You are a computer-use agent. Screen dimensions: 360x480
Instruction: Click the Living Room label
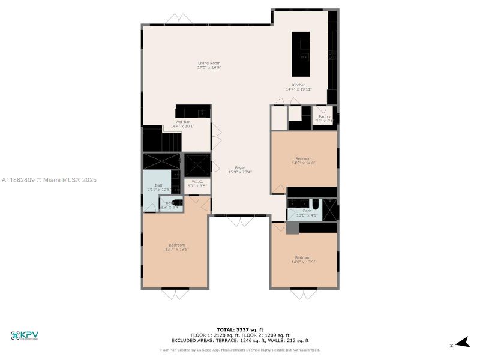click(209, 63)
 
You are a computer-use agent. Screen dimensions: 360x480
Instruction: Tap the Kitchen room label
click(298, 85)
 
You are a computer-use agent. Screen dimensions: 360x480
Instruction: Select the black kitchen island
click(301, 53)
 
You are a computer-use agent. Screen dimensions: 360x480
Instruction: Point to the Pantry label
click(324, 117)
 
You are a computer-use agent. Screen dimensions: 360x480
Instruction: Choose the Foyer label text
click(240, 168)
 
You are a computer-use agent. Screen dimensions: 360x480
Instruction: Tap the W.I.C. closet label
click(197, 182)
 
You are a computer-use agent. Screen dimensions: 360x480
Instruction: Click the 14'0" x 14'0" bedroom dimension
click(303, 163)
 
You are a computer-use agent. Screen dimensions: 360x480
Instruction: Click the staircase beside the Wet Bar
click(163, 142)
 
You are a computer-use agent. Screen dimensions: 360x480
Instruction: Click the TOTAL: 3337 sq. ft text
click(239, 330)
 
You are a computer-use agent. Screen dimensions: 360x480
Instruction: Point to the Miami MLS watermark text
click(49, 180)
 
